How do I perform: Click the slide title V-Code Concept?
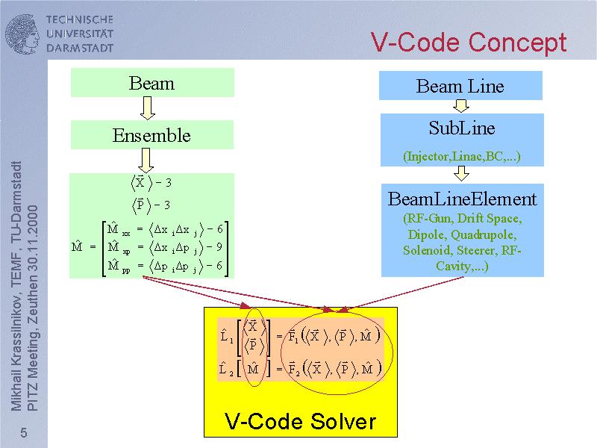[469, 42]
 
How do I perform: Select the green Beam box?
[152, 83]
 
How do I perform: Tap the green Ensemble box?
[152, 135]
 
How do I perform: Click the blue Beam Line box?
[460, 86]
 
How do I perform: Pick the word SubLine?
[461, 128]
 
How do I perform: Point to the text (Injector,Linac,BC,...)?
[461, 157]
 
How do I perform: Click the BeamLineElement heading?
[461, 199]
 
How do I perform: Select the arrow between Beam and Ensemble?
[147, 109]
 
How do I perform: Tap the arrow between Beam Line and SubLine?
[461, 106]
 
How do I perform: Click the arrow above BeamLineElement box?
[461, 174]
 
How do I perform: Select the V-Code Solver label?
[300, 422]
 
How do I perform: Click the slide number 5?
[24, 434]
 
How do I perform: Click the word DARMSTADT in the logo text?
[79, 48]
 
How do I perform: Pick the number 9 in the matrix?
[221, 246]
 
